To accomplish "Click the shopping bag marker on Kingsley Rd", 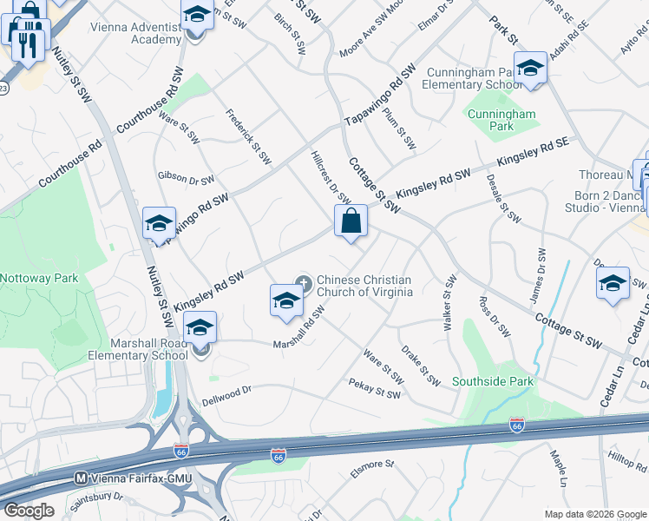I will click(x=351, y=221).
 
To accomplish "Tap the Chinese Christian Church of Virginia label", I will click(x=364, y=286).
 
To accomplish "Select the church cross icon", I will click(x=304, y=280).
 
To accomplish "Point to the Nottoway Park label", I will click(x=39, y=279).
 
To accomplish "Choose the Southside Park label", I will click(x=492, y=381).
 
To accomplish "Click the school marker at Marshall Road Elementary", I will click(x=200, y=330).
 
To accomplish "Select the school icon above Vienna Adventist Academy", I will click(x=197, y=16).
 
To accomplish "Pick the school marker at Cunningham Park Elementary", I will click(x=530, y=69).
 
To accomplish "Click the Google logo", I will click(x=29, y=511).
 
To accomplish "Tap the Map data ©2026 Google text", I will click(x=595, y=513).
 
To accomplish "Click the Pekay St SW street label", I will click(x=374, y=388).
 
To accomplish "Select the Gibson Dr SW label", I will click(x=185, y=178).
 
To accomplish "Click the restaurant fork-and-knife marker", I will click(x=27, y=40).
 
